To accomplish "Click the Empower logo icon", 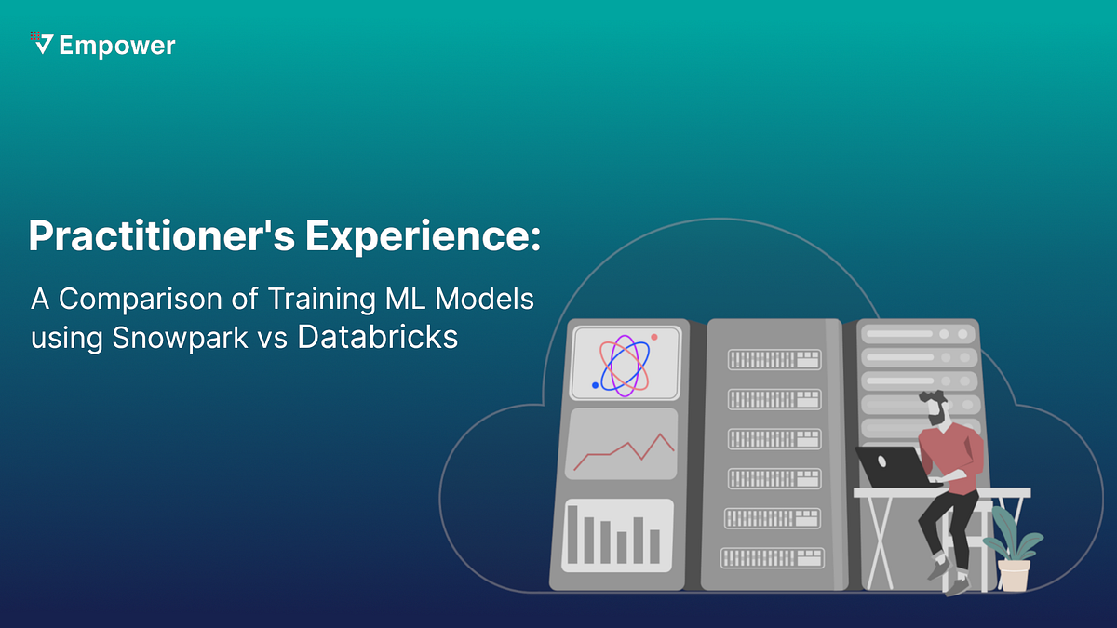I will [41, 43].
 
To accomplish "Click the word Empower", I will [116, 45].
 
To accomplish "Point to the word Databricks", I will [378, 337].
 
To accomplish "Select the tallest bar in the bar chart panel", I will [572, 534].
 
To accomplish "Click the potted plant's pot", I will [1014, 573].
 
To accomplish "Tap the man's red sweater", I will [949, 455].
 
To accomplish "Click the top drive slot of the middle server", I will [774, 358].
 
